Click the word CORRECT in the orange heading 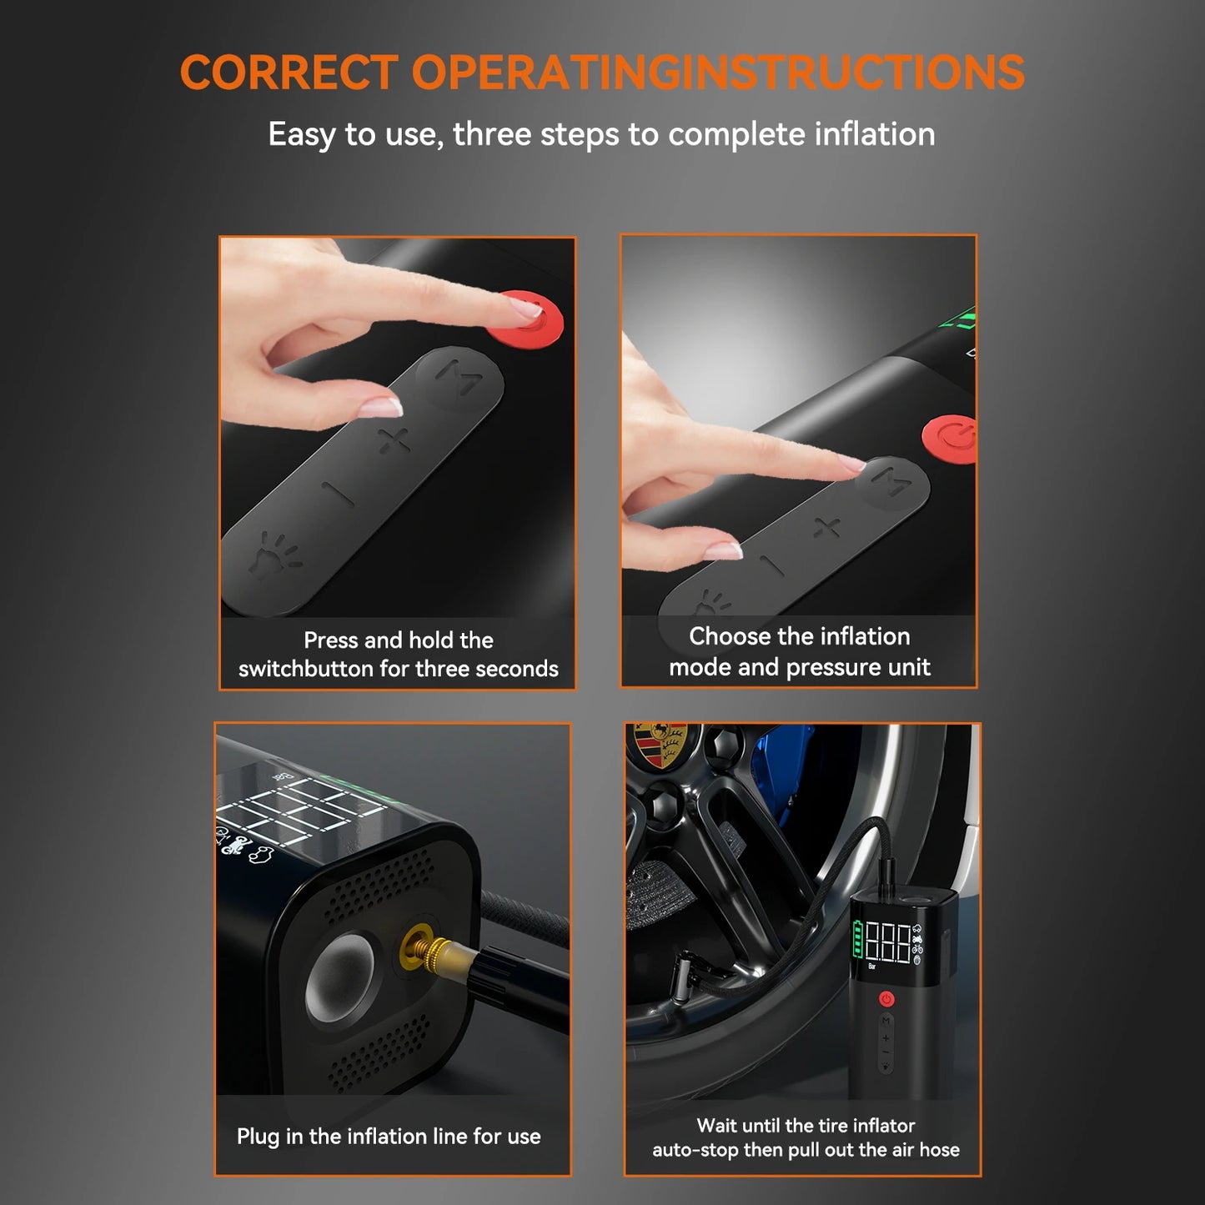click(289, 73)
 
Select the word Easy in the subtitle click(301, 134)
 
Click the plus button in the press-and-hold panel click(394, 439)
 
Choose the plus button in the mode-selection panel click(826, 527)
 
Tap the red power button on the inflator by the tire click(886, 998)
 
